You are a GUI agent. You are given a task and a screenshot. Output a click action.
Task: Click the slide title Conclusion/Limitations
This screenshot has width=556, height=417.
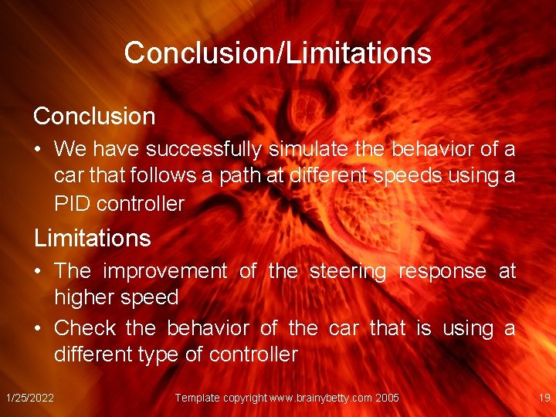pos(277,53)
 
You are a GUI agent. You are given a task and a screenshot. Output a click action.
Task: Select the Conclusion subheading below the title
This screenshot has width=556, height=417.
pos(94,117)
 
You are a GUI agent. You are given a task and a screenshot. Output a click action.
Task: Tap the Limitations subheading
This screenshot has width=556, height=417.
pos(92,238)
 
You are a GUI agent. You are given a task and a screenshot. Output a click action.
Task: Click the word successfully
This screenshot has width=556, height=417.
pos(202,148)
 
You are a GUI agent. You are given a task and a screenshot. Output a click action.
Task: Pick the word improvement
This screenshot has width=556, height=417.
pos(164,271)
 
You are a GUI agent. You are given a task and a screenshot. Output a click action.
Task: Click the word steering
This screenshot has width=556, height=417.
pos(347,271)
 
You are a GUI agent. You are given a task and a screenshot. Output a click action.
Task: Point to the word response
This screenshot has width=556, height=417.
pos(442,272)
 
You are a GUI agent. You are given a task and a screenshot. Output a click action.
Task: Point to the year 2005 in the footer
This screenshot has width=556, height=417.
pos(387,398)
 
